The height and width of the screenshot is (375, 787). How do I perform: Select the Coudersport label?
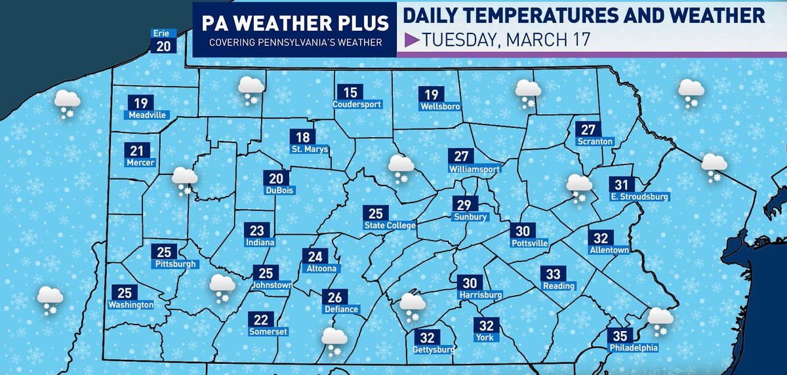[x=357, y=104]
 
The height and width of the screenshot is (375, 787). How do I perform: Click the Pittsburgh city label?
[x=173, y=264]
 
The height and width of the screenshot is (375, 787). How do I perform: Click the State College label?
[x=390, y=226]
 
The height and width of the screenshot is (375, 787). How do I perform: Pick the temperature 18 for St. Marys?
[x=303, y=137]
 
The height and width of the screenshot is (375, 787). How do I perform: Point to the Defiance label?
[x=341, y=309]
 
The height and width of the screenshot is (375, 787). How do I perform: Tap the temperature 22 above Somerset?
[x=261, y=320]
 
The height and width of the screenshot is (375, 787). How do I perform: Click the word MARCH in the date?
[x=532, y=41]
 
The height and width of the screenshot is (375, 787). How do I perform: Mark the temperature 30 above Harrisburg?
[x=470, y=283]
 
